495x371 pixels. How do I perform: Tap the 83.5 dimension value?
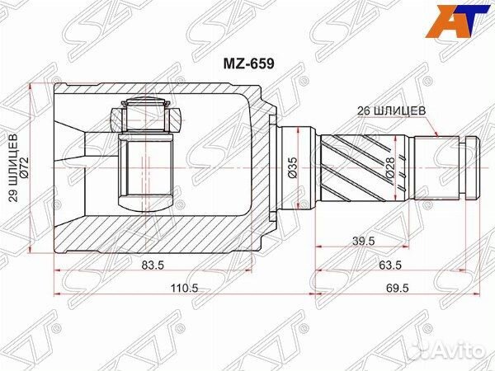click(153, 265)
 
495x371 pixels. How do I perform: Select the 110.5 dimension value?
click(184, 288)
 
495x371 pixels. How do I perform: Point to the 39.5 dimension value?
click(363, 241)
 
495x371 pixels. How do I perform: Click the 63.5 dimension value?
click(390, 265)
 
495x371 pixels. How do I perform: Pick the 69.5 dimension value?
click(397, 288)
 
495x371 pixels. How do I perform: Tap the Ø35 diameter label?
click(293, 168)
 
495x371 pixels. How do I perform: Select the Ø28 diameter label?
click(391, 168)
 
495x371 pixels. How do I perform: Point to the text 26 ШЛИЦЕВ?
click(391, 110)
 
